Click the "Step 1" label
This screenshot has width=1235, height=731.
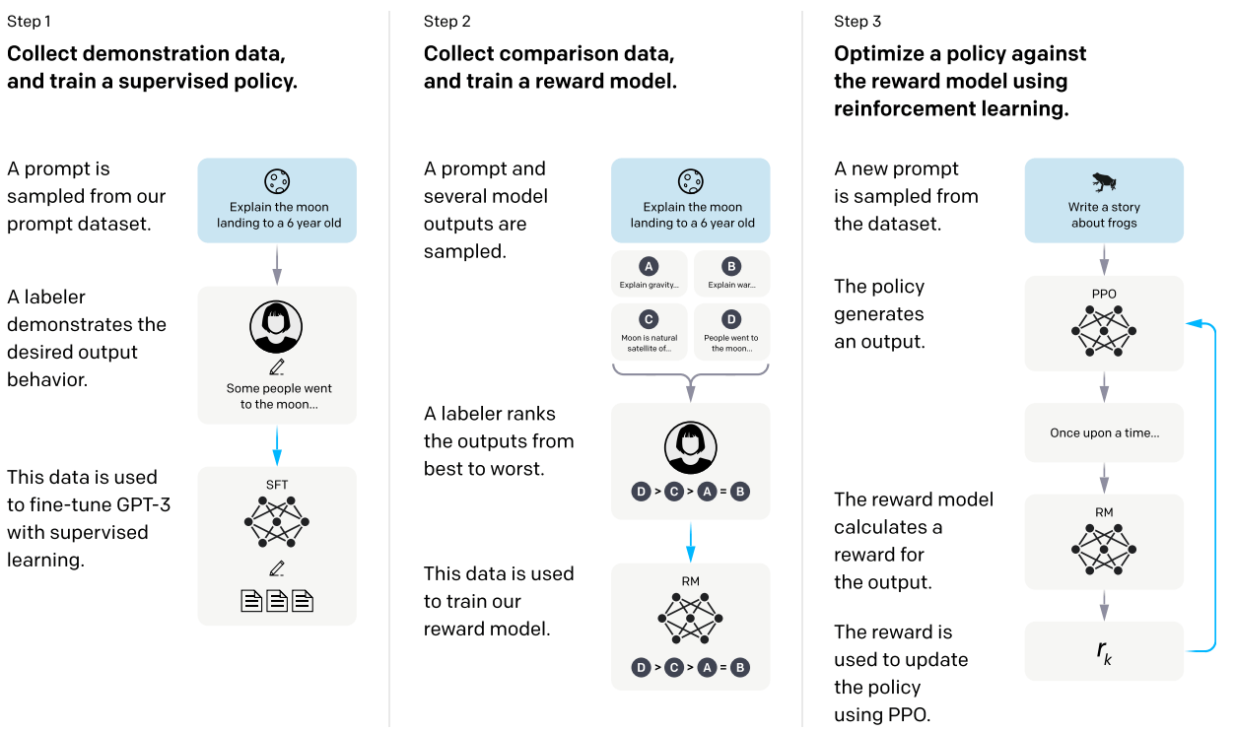(x=29, y=22)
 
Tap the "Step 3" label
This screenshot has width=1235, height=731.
(x=858, y=22)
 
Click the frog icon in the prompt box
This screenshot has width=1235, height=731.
(x=1104, y=182)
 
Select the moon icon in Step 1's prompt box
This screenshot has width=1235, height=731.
(x=277, y=181)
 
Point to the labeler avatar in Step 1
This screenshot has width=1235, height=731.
(x=276, y=326)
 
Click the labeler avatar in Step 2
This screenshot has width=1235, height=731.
(x=690, y=447)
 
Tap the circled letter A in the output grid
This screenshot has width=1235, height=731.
(x=649, y=267)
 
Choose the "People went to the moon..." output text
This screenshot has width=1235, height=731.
(x=731, y=343)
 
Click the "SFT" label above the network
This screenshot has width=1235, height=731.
(x=277, y=485)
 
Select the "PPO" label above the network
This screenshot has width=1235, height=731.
(x=1104, y=294)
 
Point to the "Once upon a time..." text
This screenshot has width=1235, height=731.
(x=1104, y=433)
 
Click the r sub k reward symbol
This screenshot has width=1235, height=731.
(x=1104, y=652)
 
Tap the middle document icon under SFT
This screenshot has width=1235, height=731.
(x=277, y=601)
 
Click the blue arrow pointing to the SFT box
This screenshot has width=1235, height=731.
(x=277, y=445)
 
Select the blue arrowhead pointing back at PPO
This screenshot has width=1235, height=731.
(x=1194, y=323)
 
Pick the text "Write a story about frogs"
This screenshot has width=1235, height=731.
(x=1104, y=215)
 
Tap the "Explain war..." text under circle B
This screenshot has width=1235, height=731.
(x=731, y=285)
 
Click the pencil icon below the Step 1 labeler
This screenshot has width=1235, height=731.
(x=277, y=367)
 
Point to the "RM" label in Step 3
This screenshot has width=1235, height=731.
(x=1104, y=512)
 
